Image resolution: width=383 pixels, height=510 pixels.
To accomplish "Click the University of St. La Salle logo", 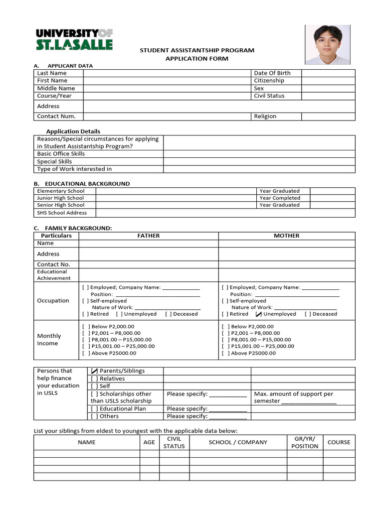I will (74, 39).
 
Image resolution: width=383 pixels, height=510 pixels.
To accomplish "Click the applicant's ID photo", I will (328, 44).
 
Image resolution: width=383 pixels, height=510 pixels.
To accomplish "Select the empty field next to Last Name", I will (167, 73).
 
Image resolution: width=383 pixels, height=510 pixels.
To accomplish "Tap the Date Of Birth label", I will (272, 73).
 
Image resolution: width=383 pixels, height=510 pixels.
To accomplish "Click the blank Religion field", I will (328, 116).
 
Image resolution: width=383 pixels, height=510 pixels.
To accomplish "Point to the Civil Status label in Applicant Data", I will (269, 96).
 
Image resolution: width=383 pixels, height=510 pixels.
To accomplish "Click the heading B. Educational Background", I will (82, 184).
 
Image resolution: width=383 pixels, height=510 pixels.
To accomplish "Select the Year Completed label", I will (279, 198).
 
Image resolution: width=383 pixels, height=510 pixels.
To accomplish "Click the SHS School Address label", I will (62, 213).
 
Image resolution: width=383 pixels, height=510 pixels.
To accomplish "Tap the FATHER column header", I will (148, 236).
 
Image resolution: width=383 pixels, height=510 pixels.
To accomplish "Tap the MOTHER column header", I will (286, 236).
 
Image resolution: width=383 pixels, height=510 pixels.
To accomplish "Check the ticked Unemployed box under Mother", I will (258, 314).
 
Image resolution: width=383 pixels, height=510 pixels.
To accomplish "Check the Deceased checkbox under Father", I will (168, 314).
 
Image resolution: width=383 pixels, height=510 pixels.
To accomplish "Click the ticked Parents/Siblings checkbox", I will (94, 371).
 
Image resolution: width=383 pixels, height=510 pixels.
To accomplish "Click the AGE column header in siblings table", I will (149, 442).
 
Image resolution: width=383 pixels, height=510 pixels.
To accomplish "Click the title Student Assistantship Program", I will (196, 50).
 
